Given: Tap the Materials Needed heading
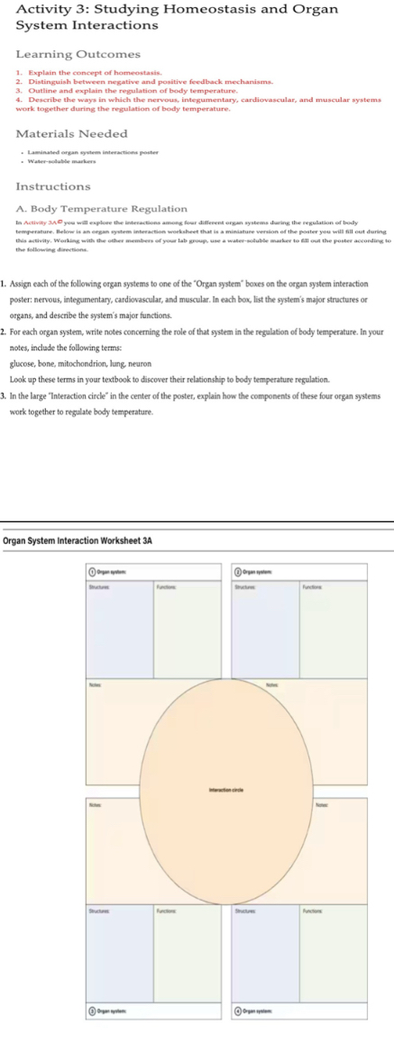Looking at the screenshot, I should (72, 133).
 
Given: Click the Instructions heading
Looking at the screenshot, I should (53, 186).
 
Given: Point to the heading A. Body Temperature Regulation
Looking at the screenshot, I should (102, 209).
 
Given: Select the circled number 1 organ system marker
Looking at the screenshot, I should (92, 572).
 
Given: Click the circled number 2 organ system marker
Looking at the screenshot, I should (238, 572).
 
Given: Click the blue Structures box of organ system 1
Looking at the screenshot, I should (120, 630).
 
